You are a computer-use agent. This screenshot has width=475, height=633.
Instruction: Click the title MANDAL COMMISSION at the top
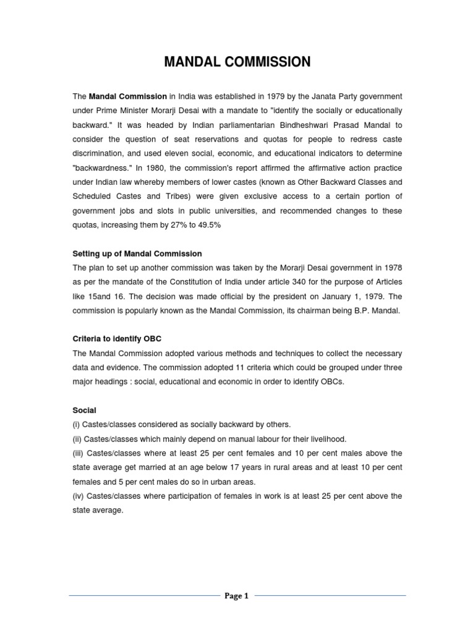237,62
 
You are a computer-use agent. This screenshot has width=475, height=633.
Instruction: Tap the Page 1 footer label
237,596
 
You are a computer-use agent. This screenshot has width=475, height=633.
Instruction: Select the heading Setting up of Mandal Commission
137,254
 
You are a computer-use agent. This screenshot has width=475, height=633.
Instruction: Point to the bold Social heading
85,410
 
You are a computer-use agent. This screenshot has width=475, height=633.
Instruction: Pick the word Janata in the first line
329,96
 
